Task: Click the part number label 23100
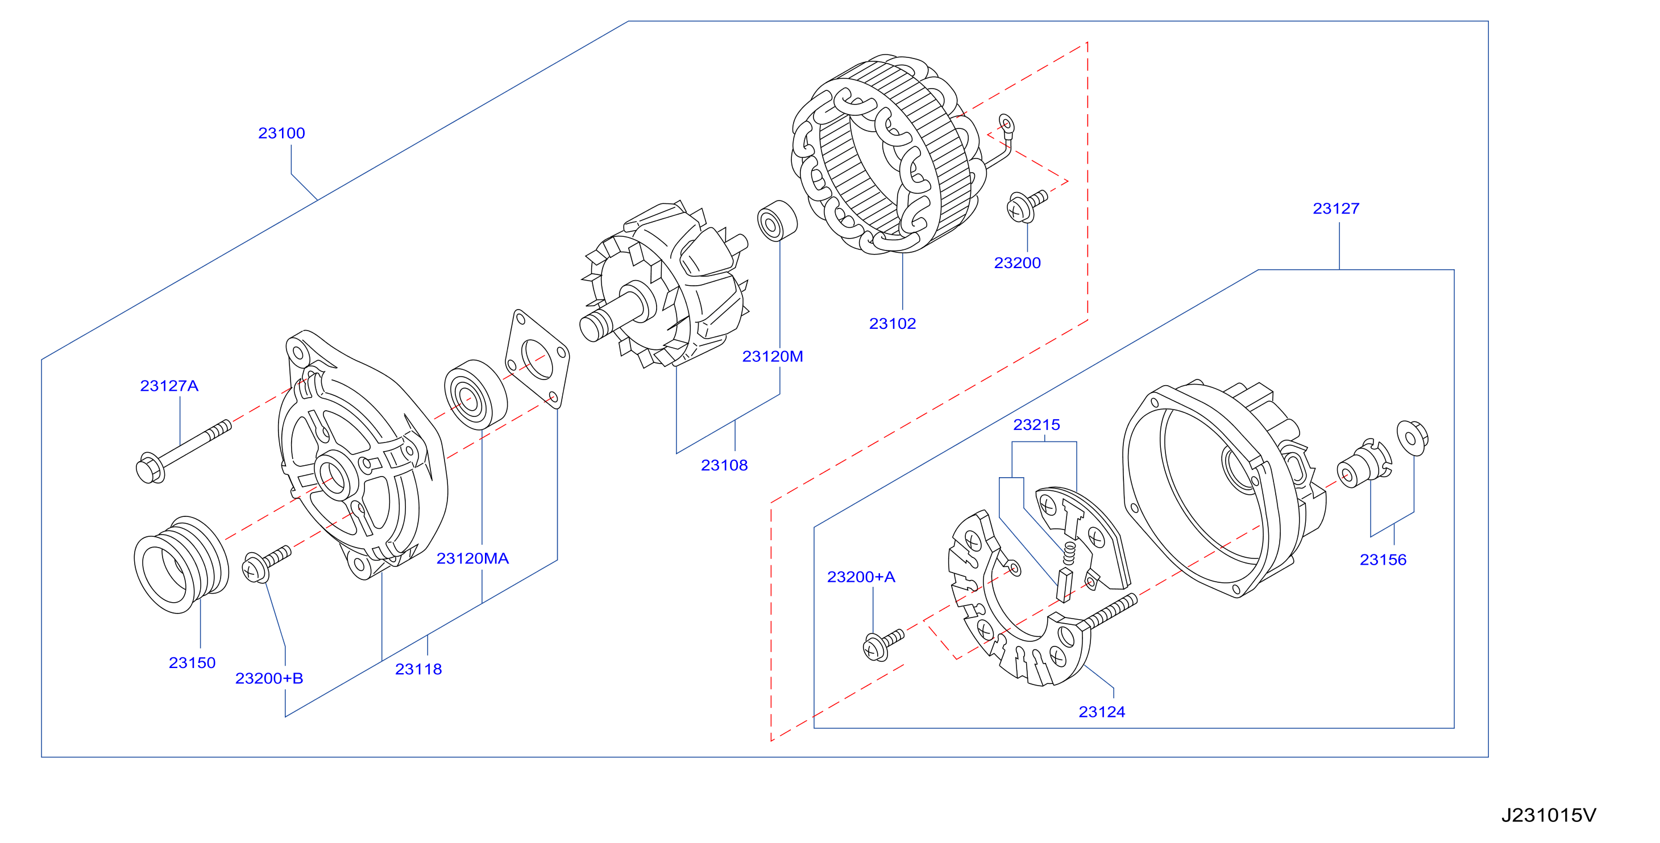click(x=281, y=133)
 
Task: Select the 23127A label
click(x=169, y=386)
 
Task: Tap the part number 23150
click(x=192, y=663)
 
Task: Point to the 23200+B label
click(x=269, y=678)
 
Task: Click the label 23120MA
click(x=473, y=558)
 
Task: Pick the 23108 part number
click(x=724, y=465)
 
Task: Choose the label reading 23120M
click(x=773, y=356)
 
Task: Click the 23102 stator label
click(x=893, y=323)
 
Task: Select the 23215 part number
click(x=1037, y=424)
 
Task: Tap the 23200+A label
click(x=862, y=577)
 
